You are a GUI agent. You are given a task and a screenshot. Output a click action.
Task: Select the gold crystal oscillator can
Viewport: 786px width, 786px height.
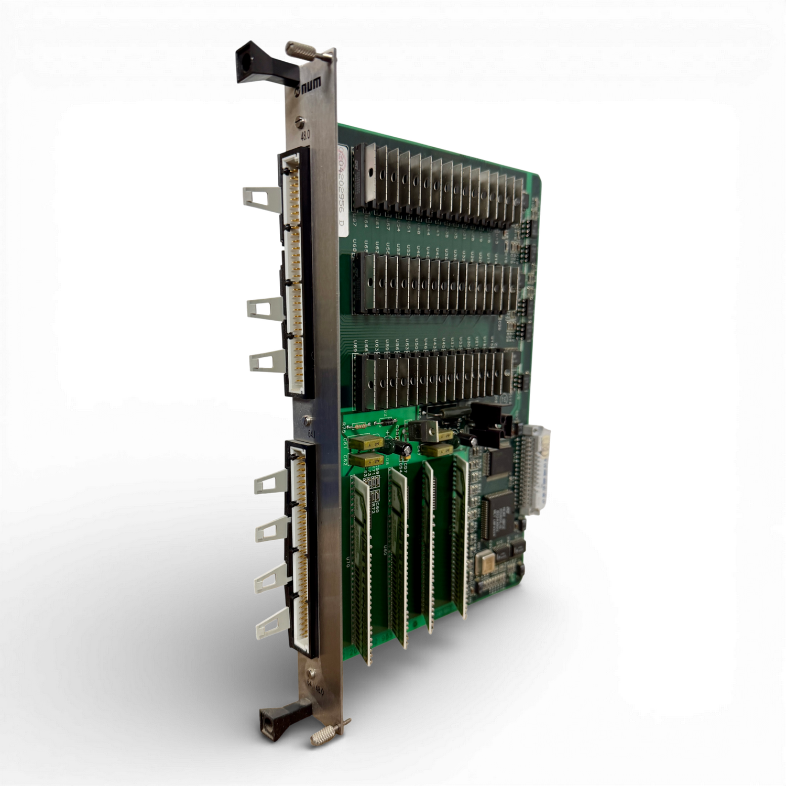pos(483,564)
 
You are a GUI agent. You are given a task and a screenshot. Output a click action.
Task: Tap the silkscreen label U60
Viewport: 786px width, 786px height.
pos(386,550)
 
